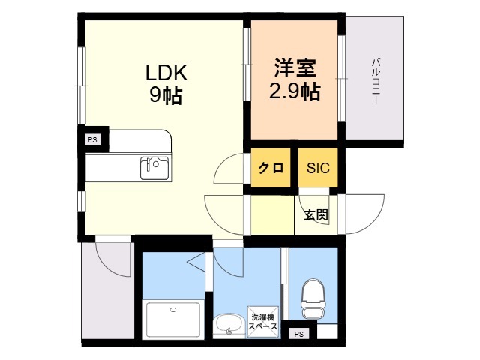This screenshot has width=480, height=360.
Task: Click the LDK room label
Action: coord(166,73)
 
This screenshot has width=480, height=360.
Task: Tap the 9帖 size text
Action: coord(166,94)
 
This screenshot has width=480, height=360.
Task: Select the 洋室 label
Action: coord(295,67)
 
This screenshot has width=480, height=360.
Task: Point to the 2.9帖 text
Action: coord(295,91)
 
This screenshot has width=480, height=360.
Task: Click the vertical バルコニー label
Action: coord(376,82)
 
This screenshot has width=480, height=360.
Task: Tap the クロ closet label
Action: coord(271,168)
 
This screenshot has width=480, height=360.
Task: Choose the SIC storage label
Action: coord(318,168)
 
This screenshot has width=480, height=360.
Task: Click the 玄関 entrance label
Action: coord(316,215)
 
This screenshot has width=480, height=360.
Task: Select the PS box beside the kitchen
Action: coord(92,140)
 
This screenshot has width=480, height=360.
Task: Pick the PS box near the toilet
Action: coord(298,334)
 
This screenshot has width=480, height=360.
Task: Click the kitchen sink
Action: coord(154,168)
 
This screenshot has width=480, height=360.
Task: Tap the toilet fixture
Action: coord(313,298)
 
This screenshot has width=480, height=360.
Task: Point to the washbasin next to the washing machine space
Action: coord(229,325)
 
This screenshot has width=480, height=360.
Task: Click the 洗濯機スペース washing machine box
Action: coord(263,322)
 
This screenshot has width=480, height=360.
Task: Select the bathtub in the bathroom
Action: coord(173,319)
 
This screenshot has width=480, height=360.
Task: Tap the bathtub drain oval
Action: coord(173,310)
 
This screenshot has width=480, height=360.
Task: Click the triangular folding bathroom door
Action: coord(196,261)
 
